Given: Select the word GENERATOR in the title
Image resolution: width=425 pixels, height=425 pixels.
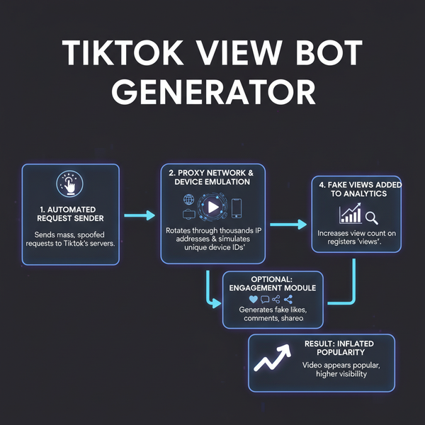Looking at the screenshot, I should (212, 91).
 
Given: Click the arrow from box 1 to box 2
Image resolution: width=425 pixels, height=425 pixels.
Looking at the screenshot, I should (140, 215).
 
